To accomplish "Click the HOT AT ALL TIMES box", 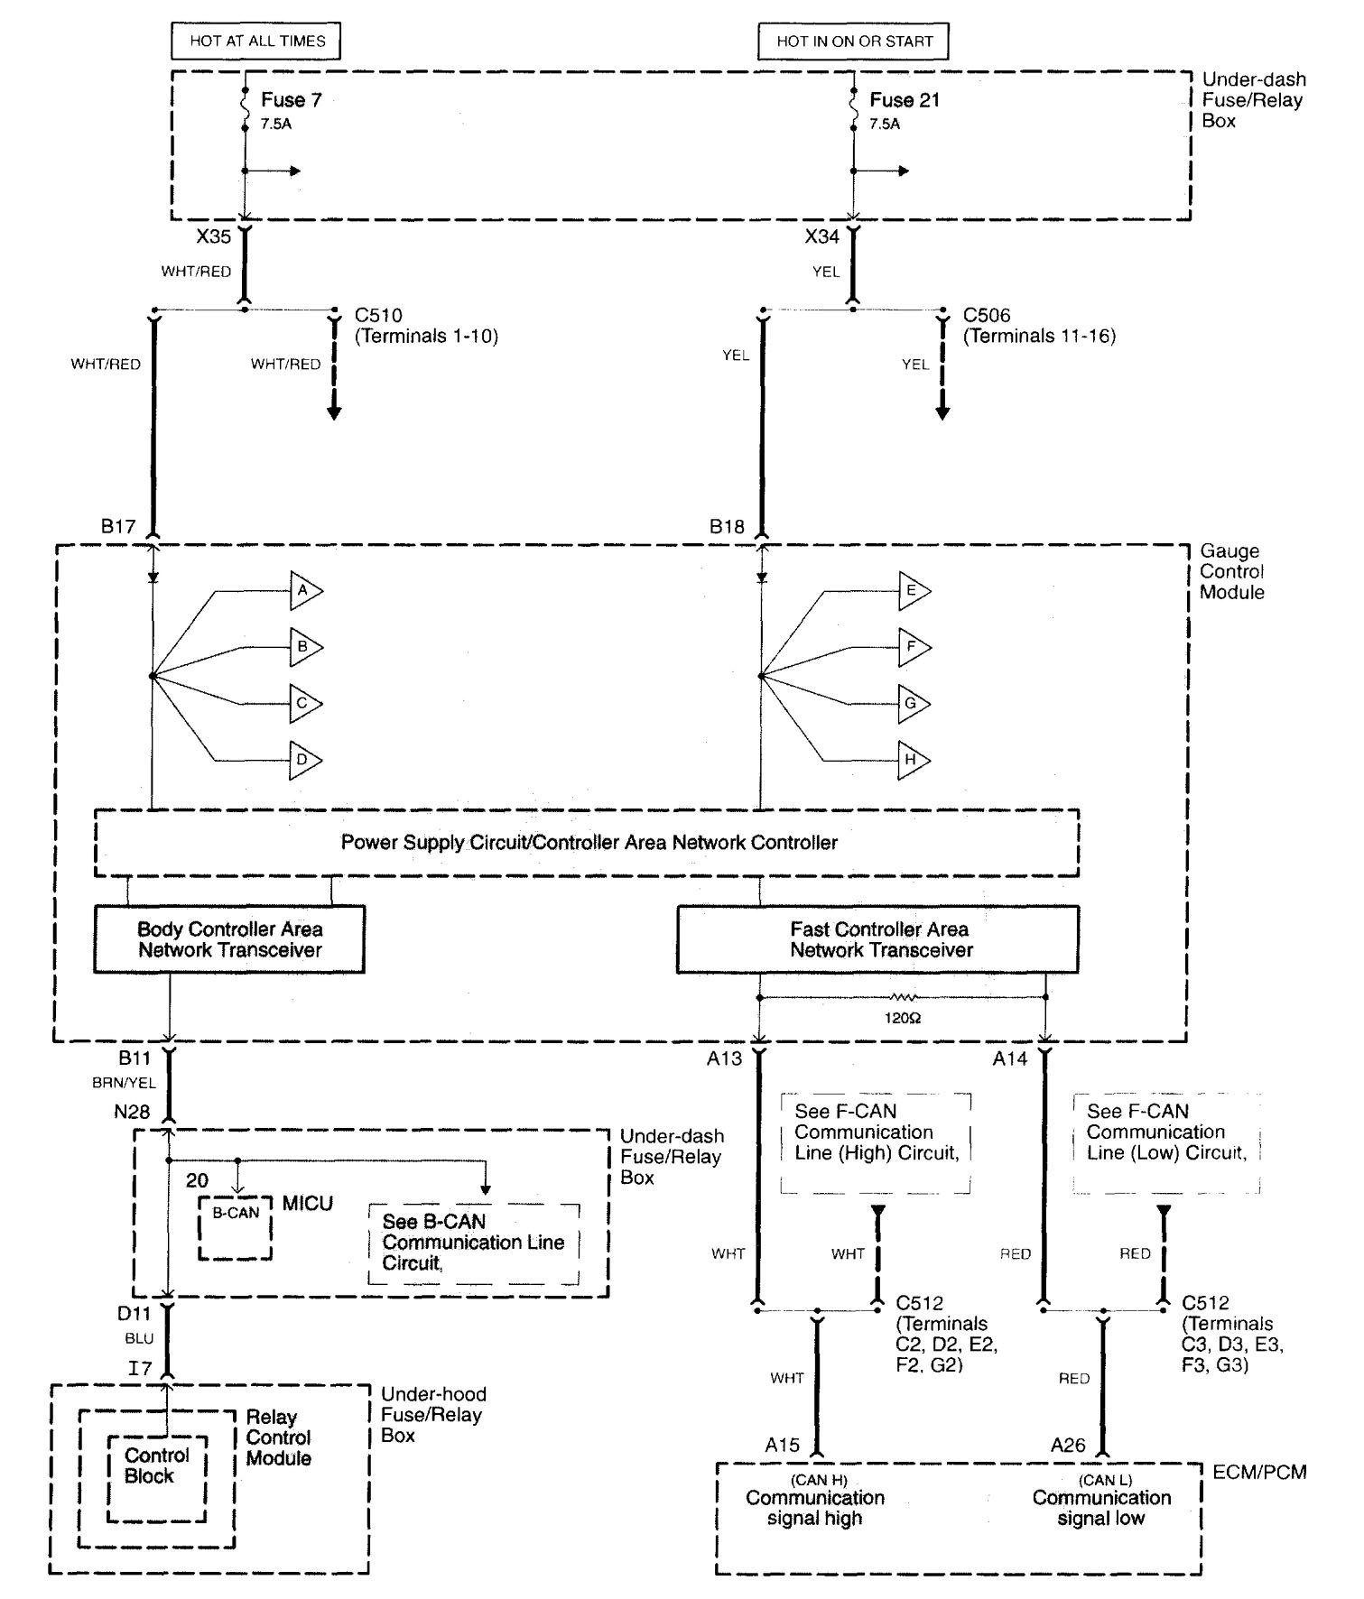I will [257, 41].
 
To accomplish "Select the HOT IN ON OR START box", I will [853, 41].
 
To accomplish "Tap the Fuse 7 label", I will [291, 100].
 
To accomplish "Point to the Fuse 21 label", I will [905, 100].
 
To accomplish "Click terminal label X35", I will [214, 237].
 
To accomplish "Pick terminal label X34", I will [822, 237].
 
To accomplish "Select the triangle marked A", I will [304, 591].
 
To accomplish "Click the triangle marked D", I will [304, 760].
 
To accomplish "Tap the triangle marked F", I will [913, 647].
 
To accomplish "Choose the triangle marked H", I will [913, 760].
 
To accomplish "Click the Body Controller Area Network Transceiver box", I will [229, 939].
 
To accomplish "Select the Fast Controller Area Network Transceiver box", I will [877, 939].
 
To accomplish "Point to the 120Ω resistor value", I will [903, 1018].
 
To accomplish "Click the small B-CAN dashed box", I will [236, 1227].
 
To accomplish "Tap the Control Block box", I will [157, 1466].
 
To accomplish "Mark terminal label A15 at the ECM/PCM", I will [782, 1445].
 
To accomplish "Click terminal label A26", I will [1068, 1445].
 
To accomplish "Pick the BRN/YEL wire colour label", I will [124, 1083].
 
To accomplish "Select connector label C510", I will [378, 316].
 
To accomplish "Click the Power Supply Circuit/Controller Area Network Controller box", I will [587, 843].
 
